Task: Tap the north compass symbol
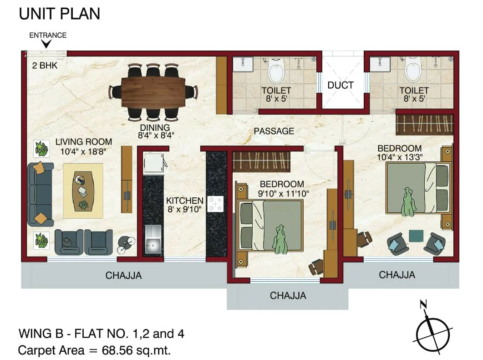tap(433, 328)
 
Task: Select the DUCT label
tap(341, 85)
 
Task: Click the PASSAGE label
tap(274, 131)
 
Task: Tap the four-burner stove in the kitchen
tap(215, 203)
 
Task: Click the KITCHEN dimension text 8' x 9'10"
tap(185, 210)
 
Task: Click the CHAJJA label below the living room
tap(124, 276)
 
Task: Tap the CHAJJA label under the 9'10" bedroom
tap(288, 296)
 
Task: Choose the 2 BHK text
tap(45, 65)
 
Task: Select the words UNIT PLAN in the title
tap(59, 14)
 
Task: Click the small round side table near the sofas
tap(126, 244)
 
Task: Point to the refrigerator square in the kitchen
tap(153, 162)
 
